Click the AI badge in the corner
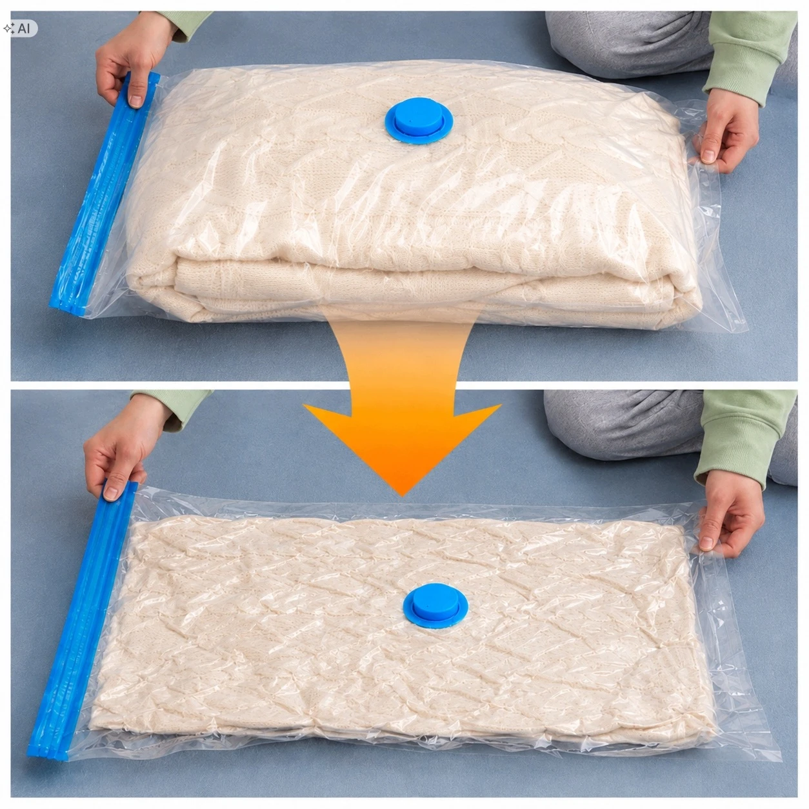tap(20, 28)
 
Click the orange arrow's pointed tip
tap(401, 497)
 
